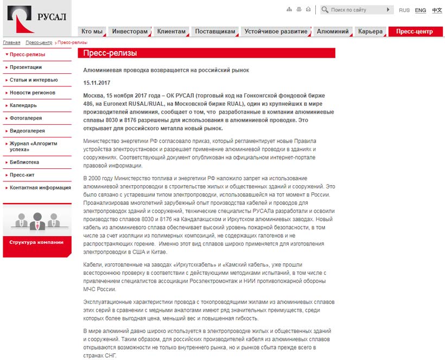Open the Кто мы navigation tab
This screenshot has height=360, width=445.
coord(92,31)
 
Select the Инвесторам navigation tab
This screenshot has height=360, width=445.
coord(130,31)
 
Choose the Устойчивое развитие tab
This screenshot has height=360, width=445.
coord(276,31)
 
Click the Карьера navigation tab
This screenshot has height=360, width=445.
coord(371,31)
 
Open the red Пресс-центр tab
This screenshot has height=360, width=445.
coord(415,31)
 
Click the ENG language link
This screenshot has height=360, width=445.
coord(421,10)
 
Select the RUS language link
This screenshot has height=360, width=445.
coord(404,10)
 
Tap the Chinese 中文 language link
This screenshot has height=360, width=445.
coord(437,10)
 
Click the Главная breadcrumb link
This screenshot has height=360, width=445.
coord(11,42)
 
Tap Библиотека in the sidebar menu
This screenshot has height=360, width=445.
coord(24,162)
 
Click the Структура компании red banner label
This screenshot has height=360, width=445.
coord(36,242)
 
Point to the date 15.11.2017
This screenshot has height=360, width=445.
coord(97,82)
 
